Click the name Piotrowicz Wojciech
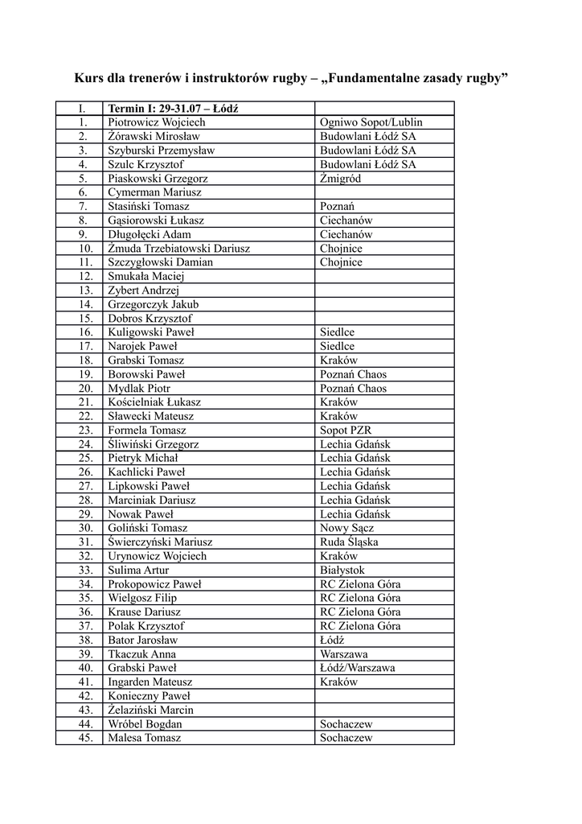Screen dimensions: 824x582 [x=157, y=122]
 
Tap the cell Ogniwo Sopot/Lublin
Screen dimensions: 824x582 [x=371, y=122]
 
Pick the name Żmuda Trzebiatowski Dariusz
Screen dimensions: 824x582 [x=179, y=249]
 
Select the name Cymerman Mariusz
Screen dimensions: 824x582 [x=154, y=192]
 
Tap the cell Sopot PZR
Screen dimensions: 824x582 [x=346, y=431]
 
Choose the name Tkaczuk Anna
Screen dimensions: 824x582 [x=141, y=654]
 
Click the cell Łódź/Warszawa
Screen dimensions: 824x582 [x=357, y=668]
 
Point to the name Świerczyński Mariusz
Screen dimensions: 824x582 [x=160, y=542]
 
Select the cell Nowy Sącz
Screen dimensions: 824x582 [x=346, y=528]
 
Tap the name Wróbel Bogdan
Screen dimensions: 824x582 [x=145, y=724]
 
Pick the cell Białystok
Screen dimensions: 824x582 [x=343, y=571]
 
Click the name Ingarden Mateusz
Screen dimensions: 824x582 [x=150, y=682]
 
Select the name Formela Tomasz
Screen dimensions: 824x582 [x=147, y=431]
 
